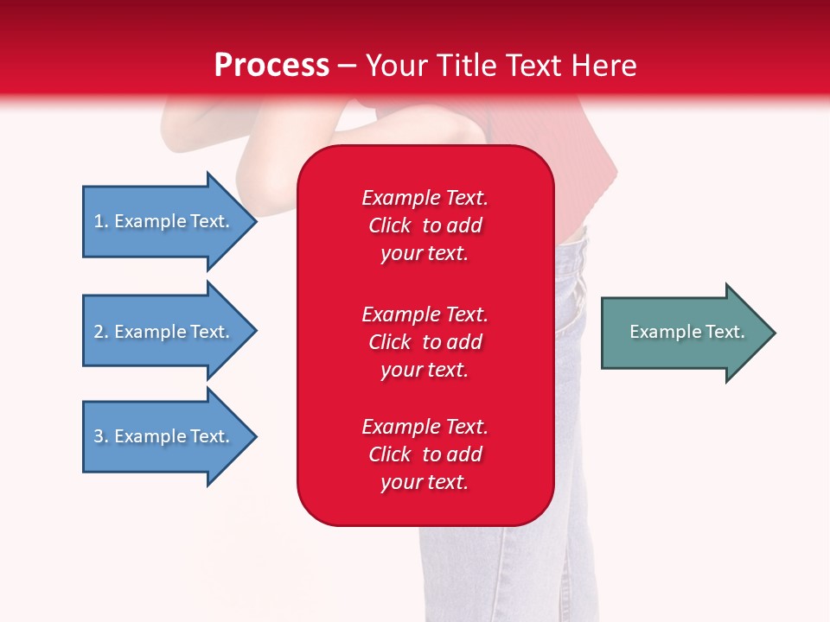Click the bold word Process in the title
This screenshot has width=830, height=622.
[x=271, y=66]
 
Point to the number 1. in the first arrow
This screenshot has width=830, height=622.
[x=101, y=221]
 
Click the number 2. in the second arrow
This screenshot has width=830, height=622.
[x=101, y=332]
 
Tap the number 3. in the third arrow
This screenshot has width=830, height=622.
[x=101, y=436]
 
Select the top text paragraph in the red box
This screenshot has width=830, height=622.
[x=425, y=225]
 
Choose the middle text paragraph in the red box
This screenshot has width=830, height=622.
[x=425, y=342]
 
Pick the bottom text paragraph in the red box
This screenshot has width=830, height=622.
[x=425, y=454]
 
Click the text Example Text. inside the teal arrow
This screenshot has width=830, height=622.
[x=686, y=332]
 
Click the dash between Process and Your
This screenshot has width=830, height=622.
[x=347, y=67]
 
